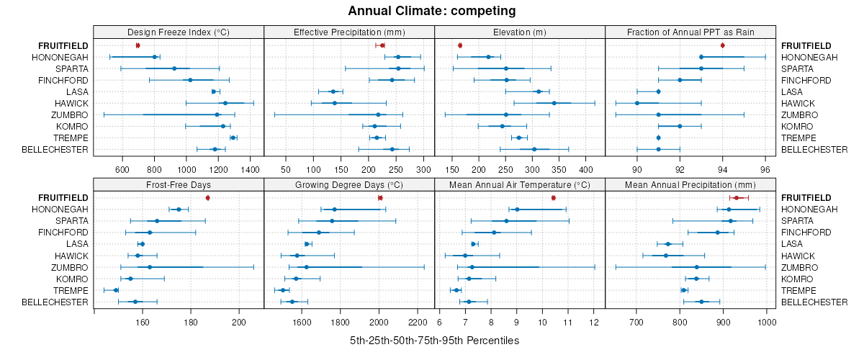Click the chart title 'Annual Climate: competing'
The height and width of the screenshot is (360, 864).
point(431,11)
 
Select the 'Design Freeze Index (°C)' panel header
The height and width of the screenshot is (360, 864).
point(179,32)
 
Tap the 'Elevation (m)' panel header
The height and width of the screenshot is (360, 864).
point(520,32)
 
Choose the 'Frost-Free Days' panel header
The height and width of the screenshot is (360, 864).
point(179,184)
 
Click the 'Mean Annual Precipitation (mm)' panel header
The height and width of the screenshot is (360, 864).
point(690,184)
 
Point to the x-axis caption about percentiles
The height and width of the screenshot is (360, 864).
point(434,340)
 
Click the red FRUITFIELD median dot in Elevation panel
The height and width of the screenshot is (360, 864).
point(460,45)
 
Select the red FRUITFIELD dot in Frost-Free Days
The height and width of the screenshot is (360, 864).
point(207,197)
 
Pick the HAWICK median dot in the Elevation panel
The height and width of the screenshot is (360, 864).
point(554,103)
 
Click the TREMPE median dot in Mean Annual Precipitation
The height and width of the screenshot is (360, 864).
point(684,290)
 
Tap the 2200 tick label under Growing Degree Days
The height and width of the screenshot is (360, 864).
point(417,322)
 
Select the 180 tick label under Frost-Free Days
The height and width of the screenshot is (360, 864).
point(191,322)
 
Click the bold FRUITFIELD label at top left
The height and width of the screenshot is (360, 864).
point(63,45)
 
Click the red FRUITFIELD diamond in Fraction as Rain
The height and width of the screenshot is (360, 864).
point(722,45)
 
